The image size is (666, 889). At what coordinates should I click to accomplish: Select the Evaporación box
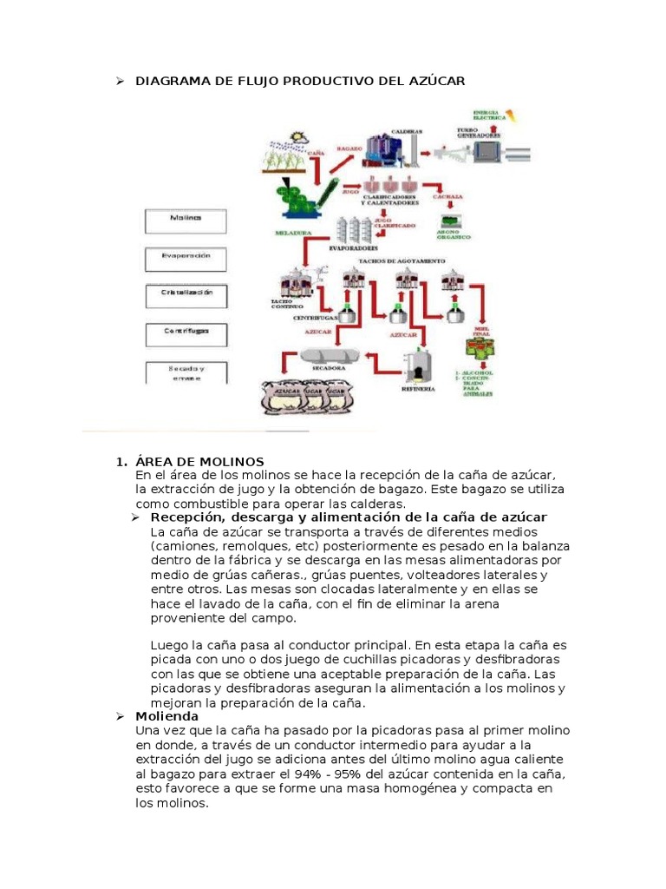[x=185, y=258]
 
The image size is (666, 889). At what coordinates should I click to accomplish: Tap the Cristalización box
[x=185, y=295]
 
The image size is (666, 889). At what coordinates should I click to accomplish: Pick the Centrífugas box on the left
[x=185, y=333]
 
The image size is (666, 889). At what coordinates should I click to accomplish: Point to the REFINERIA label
[x=418, y=390]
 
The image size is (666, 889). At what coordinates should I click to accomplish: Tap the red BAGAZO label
[x=326, y=150]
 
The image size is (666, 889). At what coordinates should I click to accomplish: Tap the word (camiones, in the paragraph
[x=182, y=545]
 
